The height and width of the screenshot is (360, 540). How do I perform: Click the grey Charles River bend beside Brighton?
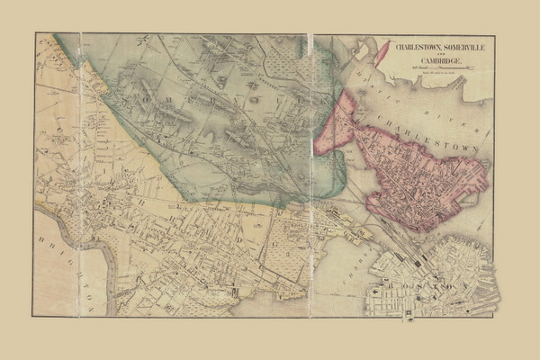(109, 270)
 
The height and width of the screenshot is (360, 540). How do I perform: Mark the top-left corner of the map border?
(35, 33)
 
